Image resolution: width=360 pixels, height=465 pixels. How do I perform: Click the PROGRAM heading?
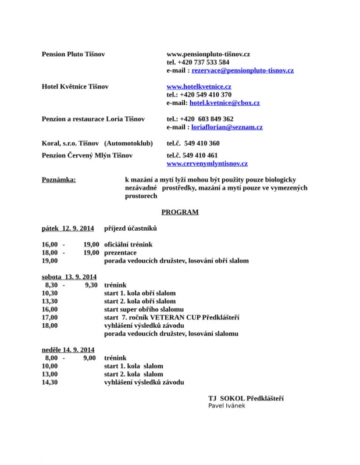click(180, 212)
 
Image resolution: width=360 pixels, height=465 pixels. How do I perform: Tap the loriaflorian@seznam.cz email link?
click(227, 127)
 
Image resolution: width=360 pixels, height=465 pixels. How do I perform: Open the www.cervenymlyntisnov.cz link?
click(207, 164)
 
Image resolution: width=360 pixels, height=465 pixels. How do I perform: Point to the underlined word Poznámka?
click(59, 180)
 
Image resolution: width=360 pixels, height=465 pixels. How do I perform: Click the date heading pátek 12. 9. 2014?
click(67, 228)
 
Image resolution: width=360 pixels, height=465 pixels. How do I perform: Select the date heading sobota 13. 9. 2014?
click(69, 277)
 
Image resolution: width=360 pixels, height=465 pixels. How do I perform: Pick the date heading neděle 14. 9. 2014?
click(68, 350)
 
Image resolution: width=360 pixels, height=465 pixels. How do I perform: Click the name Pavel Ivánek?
click(227, 406)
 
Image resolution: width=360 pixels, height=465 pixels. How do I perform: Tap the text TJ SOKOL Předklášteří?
click(246, 398)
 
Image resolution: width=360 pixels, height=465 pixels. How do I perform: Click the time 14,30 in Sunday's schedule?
click(50, 382)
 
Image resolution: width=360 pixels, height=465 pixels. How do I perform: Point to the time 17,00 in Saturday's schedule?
click(50, 318)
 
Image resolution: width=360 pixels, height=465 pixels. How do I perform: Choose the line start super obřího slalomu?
click(144, 310)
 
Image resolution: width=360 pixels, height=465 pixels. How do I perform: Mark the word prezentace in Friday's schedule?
click(120, 253)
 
